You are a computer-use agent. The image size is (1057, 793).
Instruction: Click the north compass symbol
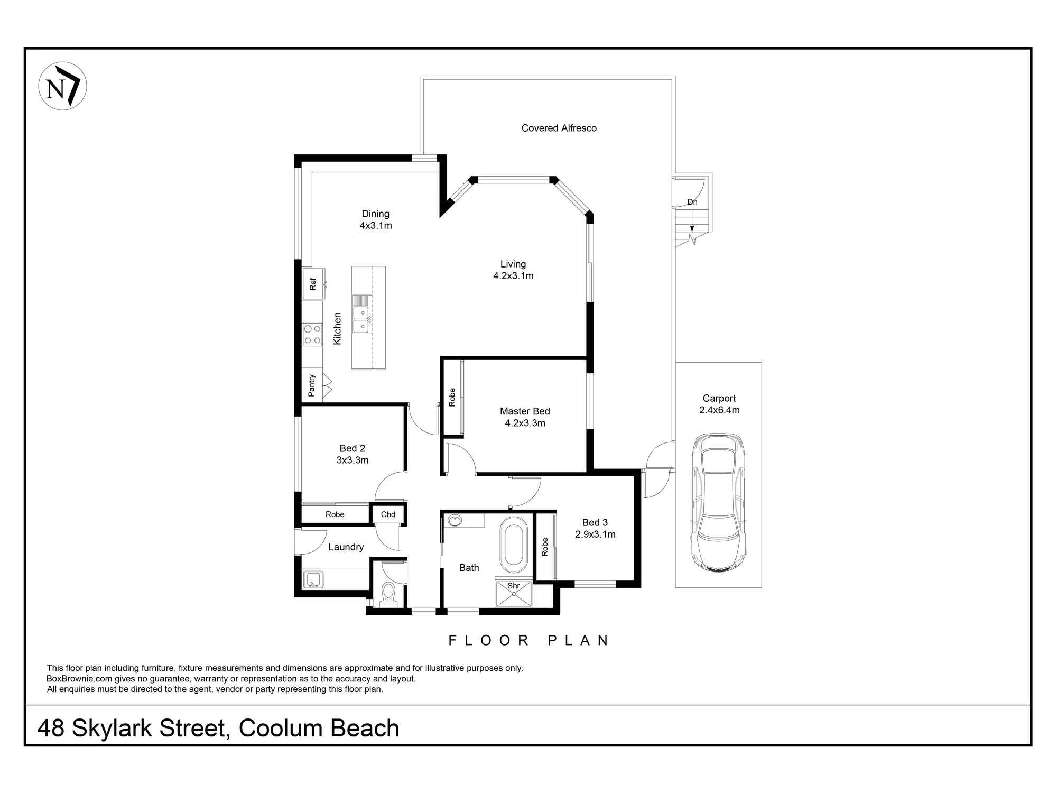point(62,86)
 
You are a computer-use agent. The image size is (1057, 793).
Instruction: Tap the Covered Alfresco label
point(559,128)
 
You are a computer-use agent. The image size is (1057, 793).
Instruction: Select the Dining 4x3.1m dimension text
point(376,226)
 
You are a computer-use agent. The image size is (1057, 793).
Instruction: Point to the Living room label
point(513,264)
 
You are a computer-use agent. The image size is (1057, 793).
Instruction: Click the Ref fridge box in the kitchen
point(313,284)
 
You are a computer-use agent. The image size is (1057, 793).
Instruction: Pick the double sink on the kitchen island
point(361,319)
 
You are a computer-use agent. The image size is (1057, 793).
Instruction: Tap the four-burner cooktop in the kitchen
point(312,335)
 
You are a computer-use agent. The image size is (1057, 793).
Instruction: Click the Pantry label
point(311,385)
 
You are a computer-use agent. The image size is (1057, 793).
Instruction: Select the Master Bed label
point(524,411)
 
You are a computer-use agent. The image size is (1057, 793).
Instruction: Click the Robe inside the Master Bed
point(452,398)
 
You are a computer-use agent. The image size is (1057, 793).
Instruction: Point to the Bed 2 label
point(352,448)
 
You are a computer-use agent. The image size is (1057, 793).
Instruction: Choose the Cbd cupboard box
point(388,514)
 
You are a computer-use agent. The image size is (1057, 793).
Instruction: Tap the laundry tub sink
point(313,580)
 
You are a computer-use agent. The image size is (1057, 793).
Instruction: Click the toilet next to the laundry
point(388,595)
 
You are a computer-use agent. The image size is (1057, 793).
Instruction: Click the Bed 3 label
point(595,522)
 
